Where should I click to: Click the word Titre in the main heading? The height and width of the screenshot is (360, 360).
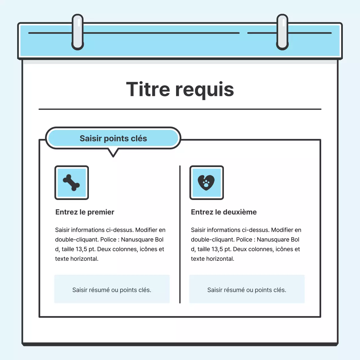coord(148,89)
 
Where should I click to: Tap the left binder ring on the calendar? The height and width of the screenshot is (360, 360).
coord(78,32)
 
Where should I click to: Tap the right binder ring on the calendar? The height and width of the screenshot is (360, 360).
coord(282,32)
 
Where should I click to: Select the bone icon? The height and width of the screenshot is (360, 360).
coord(71,183)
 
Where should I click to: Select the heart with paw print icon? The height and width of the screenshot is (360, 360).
coord(206,183)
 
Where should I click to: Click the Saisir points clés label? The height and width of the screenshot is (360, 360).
coord(113,138)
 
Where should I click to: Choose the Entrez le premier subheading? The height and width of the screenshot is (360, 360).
coord(85,212)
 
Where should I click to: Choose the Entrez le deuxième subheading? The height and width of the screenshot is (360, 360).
coord(224,212)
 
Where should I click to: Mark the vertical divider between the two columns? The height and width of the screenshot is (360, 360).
coord(180,235)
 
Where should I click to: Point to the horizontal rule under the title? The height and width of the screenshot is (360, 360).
coord(180,109)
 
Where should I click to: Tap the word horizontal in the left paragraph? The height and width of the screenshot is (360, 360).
coord(84,259)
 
